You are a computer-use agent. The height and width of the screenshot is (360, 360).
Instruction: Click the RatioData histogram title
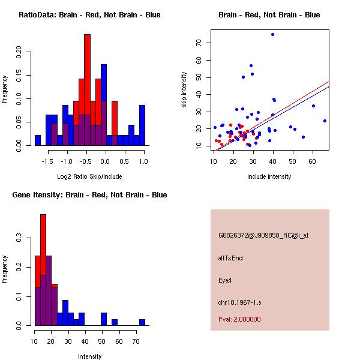pos(89,15)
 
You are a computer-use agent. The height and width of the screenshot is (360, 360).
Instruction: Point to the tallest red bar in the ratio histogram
pos(87,90)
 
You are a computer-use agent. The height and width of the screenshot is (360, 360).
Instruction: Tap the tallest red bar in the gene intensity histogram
pos(43,269)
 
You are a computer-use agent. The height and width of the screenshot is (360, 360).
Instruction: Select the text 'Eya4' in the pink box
pos(225,280)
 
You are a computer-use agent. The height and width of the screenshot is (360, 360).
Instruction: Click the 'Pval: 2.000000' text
pos(239,319)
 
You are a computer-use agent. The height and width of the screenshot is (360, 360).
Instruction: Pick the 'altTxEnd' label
pos(230,258)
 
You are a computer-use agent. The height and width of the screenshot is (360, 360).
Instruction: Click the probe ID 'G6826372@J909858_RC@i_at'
pos(263,236)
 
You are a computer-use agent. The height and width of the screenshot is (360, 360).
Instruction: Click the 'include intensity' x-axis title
pos(269,176)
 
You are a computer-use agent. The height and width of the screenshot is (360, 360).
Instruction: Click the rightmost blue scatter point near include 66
pos(325,121)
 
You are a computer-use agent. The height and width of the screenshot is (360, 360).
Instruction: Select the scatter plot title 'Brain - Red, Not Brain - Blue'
pos(269,15)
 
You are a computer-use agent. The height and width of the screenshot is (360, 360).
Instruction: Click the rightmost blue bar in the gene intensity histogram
pos(142,322)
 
